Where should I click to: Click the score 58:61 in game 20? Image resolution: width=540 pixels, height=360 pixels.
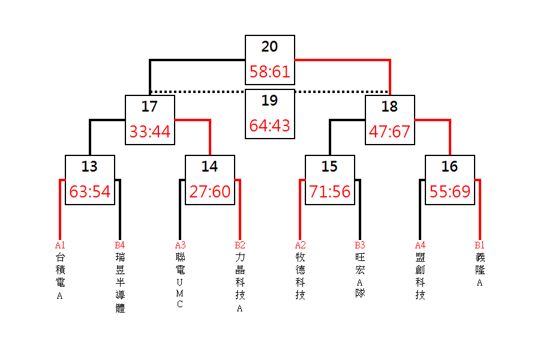pos(269,71)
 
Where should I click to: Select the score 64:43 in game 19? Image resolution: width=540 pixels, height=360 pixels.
pos(269,126)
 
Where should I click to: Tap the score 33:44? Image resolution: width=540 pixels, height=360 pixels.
pos(150,131)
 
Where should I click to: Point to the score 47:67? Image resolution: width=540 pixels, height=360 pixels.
pos(389,131)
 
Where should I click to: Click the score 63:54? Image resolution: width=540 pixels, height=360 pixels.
pos(90,191)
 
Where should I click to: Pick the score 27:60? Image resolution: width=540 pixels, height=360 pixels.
pos(210,191)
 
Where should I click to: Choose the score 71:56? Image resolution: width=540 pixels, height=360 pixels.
pos(329,191)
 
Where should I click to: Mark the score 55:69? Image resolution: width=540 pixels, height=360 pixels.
pos(450,191)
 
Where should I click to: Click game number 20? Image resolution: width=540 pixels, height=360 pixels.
pos(269,47)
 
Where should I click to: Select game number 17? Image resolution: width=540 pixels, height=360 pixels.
pos(150,106)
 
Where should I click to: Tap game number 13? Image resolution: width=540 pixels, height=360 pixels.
pos(90,166)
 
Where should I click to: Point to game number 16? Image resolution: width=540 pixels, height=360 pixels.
pos(450,166)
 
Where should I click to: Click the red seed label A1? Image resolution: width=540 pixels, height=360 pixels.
pos(60,245)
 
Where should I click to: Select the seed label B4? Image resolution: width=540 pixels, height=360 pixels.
pos(120,245)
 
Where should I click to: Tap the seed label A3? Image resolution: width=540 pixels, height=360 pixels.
pos(180,245)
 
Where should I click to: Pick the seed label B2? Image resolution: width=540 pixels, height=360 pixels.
pos(240,245)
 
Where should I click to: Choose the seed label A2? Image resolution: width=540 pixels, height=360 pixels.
pos(300,245)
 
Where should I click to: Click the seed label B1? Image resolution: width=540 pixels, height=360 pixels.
pos(480,245)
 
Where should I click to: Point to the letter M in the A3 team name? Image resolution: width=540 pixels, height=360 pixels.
pos(180,293)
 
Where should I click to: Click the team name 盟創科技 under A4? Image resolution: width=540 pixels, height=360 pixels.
pos(420,276)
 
